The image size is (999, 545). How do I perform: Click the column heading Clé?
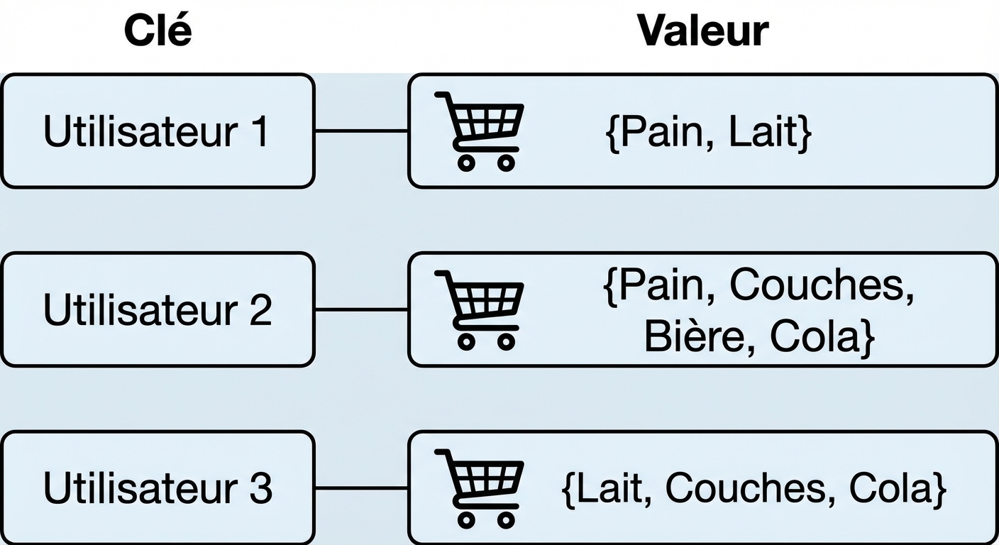158,31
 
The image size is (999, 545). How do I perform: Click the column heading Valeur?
702,31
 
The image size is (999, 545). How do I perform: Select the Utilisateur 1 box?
157,131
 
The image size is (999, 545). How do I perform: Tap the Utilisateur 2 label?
157,310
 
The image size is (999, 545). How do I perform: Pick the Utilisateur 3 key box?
157,488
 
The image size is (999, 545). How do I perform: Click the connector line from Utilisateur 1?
360,131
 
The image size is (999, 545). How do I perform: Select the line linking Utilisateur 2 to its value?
360,309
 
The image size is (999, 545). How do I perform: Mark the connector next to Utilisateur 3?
360,488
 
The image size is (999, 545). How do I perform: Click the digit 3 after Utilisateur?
260,489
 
